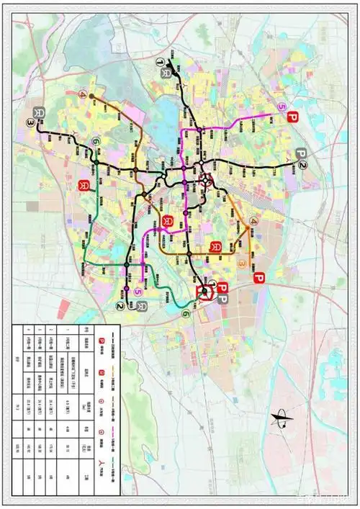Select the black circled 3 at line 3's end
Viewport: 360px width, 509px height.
pyautogui.click(x=30, y=124)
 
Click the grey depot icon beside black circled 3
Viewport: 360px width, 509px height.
pyautogui.click(x=37, y=112)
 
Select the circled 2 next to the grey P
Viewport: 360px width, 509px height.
pyautogui.click(x=302, y=166)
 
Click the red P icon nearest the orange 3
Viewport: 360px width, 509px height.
pyautogui.click(x=259, y=278)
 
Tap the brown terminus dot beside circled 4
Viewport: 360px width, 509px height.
pyautogui.click(x=91, y=94)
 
